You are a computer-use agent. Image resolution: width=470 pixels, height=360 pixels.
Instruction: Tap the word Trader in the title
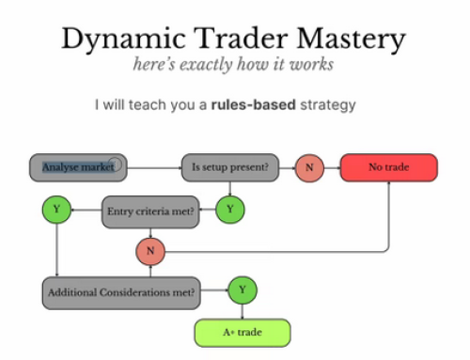(x=235, y=39)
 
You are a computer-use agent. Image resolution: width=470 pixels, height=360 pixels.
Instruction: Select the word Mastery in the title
(x=352, y=39)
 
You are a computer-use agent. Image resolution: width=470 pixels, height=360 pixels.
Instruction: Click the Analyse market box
(x=79, y=167)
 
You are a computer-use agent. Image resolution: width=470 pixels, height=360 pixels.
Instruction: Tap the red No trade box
(x=388, y=168)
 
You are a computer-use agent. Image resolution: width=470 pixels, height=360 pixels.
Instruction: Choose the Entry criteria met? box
(x=149, y=211)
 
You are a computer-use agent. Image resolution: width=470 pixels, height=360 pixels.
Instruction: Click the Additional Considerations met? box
(x=121, y=291)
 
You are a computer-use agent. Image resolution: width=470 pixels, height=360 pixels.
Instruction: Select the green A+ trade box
(x=243, y=333)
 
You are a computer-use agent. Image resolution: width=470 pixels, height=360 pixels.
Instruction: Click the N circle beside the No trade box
(x=308, y=168)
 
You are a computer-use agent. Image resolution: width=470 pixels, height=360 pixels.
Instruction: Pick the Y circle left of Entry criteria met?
(x=56, y=209)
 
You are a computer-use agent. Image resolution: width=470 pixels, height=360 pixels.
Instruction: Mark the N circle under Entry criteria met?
(x=149, y=252)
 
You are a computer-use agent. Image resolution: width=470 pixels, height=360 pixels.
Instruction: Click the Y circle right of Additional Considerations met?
(x=242, y=290)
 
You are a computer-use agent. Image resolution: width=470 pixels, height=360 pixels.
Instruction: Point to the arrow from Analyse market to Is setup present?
(x=155, y=168)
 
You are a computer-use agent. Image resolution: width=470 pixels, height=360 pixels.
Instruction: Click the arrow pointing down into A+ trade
(x=243, y=312)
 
